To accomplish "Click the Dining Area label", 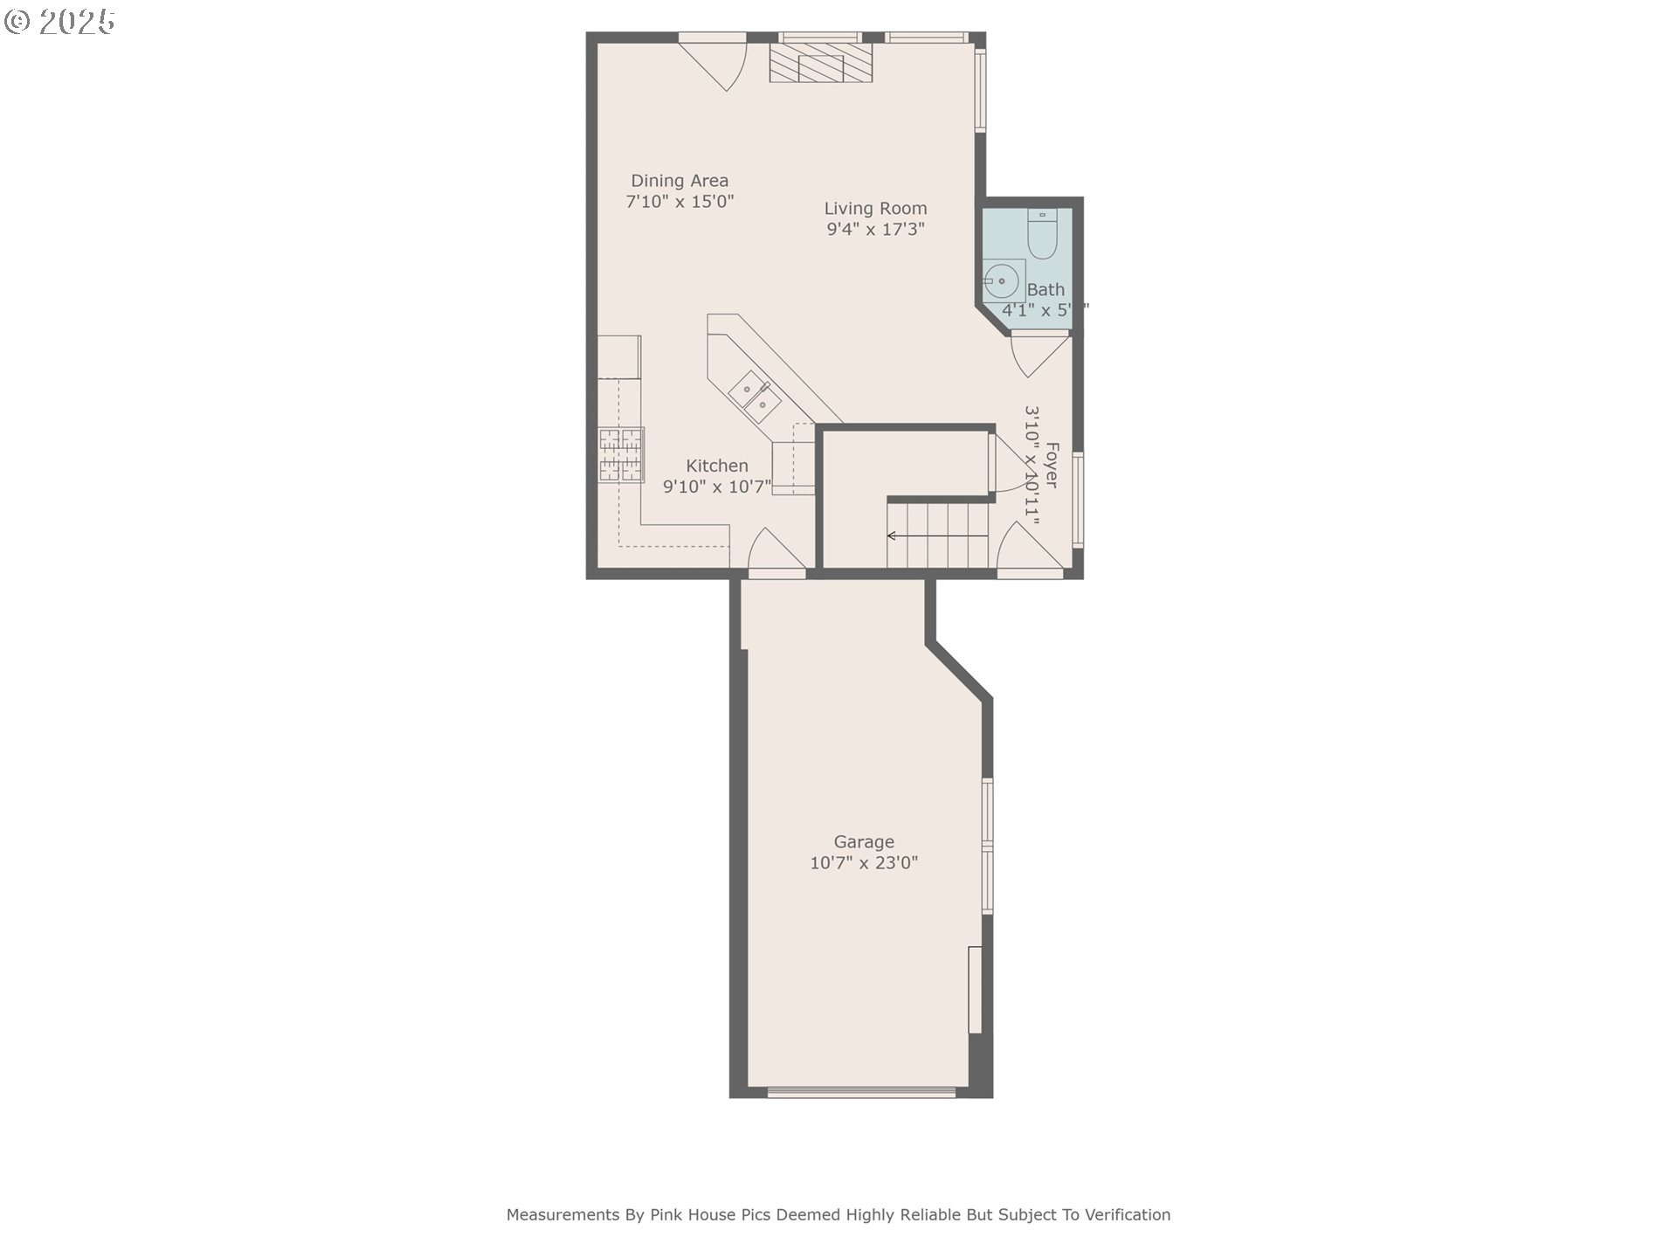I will [x=680, y=181].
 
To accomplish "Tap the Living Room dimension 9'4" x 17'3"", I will [x=875, y=230].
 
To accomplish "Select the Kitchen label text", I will [x=716, y=466].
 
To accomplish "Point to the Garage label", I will [x=864, y=842].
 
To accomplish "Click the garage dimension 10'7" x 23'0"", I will [x=864, y=863].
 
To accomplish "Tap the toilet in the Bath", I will [x=1042, y=232].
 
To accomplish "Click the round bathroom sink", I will [x=1002, y=280].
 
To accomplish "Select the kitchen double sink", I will [x=755, y=396].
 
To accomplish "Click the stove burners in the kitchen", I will [x=621, y=454].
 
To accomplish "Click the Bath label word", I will [x=1046, y=290].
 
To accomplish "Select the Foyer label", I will [x=1052, y=465].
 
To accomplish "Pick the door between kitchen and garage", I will [x=775, y=553].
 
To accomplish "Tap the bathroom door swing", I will [x=1038, y=354].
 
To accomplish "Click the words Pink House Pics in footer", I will [x=711, y=1214].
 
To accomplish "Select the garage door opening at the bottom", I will [x=861, y=1091].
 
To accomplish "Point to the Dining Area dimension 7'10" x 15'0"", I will [x=680, y=202].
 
